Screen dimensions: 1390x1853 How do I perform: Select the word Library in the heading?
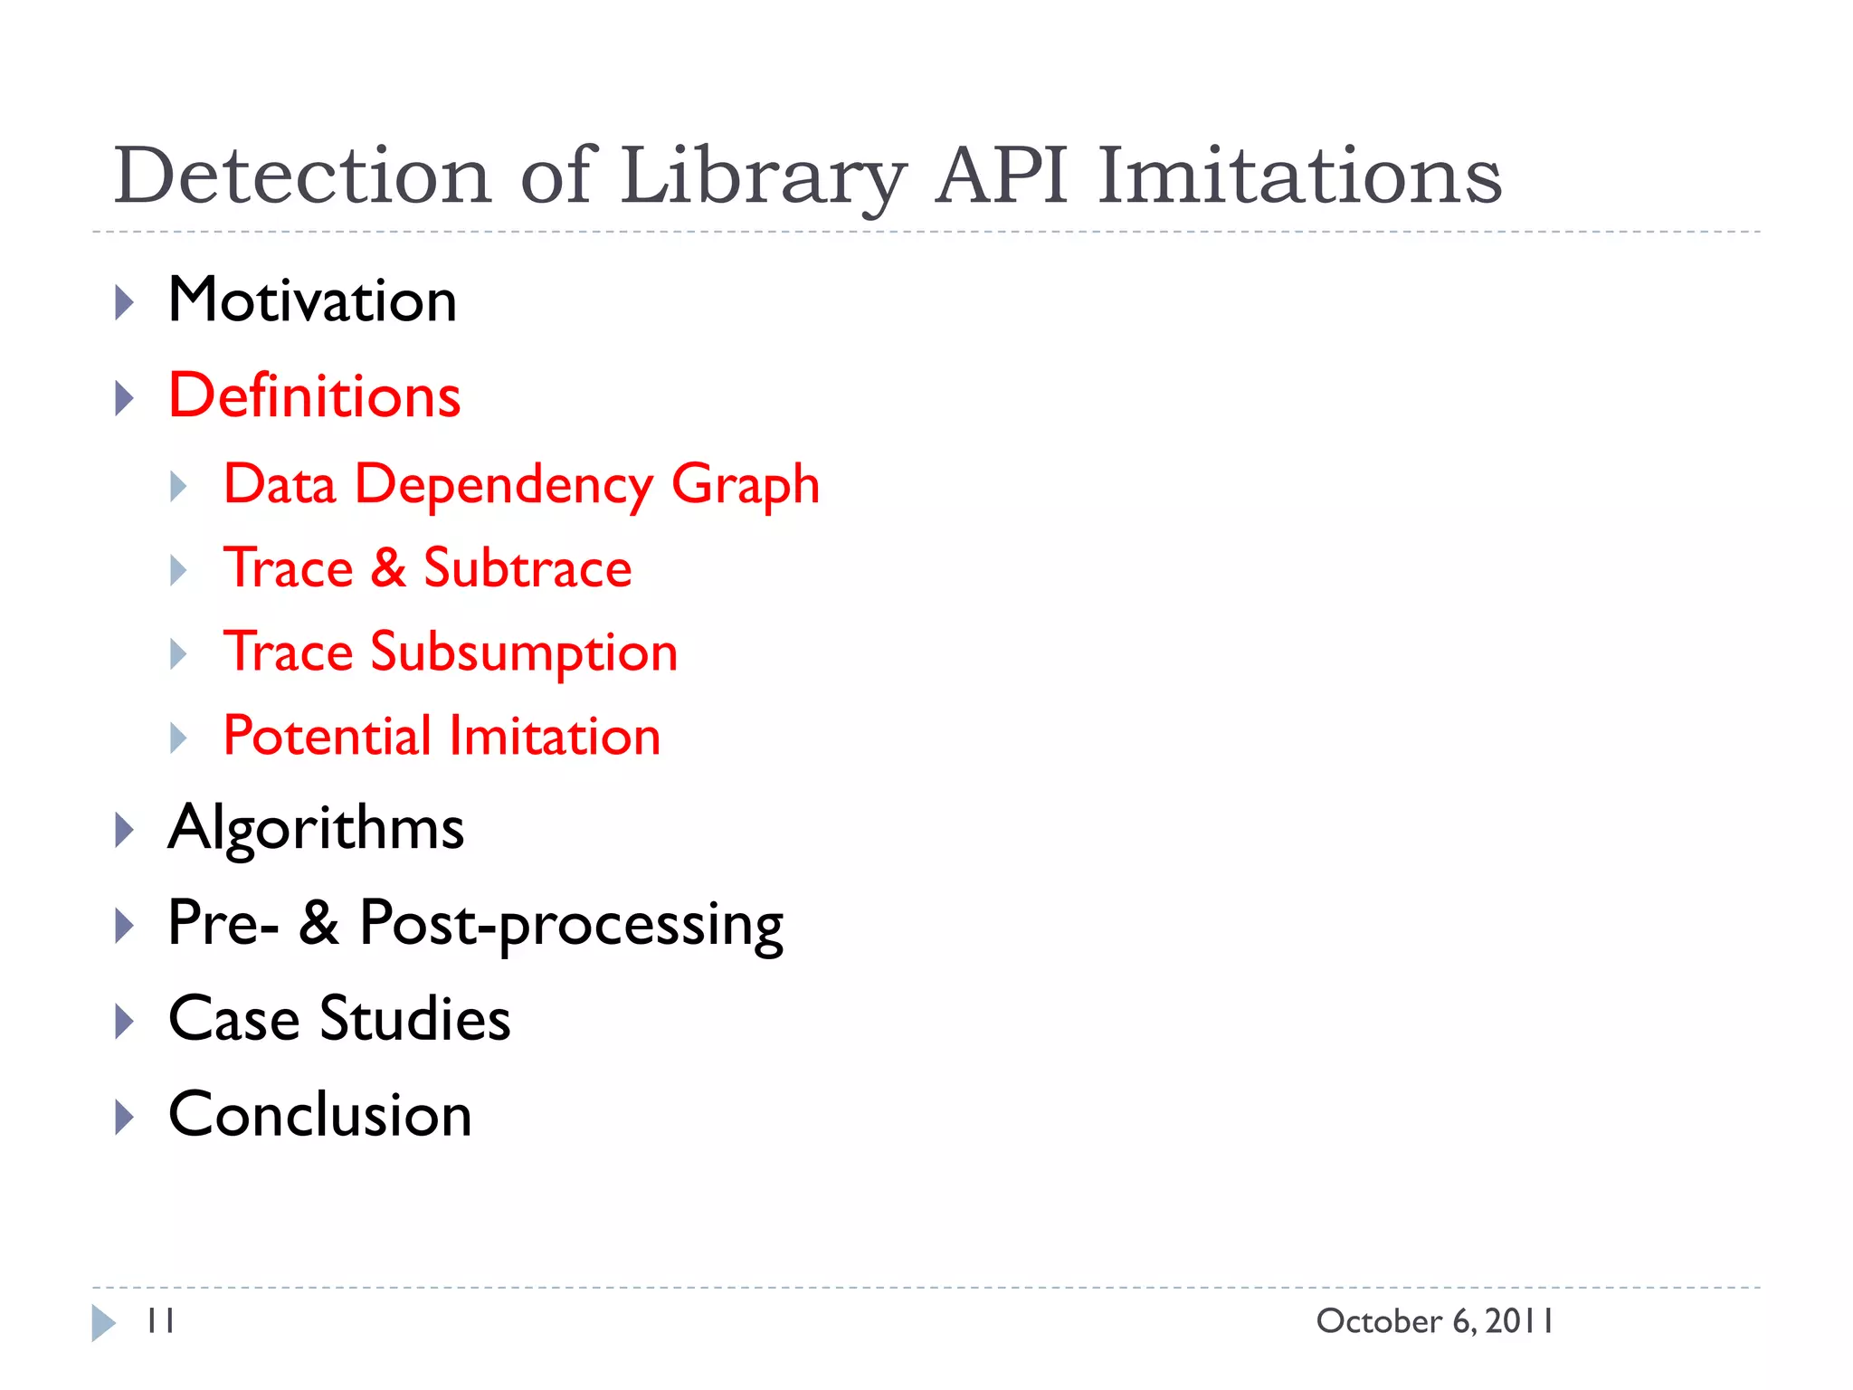(x=763, y=176)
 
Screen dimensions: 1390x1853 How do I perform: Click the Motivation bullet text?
(x=312, y=300)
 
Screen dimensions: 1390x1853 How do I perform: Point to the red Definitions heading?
(x=314, y=396)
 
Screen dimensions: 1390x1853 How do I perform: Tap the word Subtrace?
(x=527, y=568)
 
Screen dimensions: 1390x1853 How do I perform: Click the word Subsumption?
(x=524, y=652)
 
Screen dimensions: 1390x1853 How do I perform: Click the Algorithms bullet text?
(x=316, y=828)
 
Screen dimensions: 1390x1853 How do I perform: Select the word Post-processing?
(x=571, y=924)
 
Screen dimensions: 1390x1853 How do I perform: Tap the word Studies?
(x=414, y=1019)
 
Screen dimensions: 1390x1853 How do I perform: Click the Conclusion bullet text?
(x=319, y=1115)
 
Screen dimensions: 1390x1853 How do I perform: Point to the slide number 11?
(x=161, y=1321)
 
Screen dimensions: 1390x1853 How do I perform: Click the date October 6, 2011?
(x=1435, y=1321)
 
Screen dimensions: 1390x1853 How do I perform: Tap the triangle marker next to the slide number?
(x=103, y=1323)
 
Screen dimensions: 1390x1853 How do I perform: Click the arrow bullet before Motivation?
(x=125, y=302)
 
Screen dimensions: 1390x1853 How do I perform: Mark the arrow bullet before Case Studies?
(x=125, y=1022)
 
